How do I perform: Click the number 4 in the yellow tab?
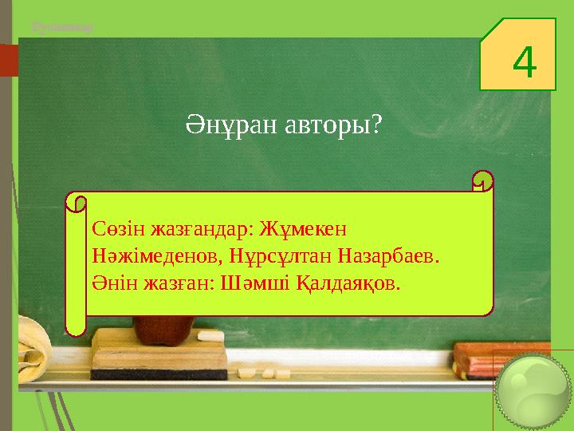click(523, 64)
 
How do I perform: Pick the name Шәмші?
click(247, 283)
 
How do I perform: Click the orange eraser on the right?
click(498, 359)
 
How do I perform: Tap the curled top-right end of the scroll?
click(482, 183)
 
